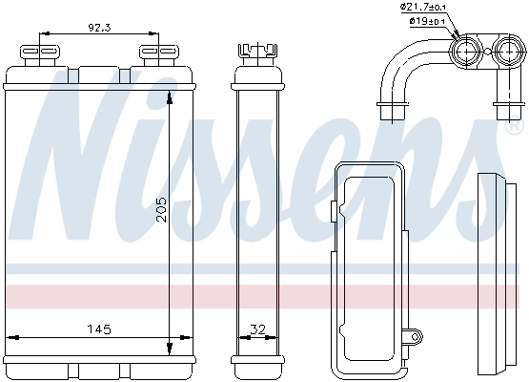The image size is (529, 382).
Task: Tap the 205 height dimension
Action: click(x=161, y=217)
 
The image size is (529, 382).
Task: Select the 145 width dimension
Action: click(x=99, y=329)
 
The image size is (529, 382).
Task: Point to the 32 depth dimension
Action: click(x=256, y=329)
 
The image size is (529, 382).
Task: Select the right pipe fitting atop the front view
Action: click(x=151, y=53)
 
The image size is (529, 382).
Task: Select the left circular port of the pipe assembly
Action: click(x=467, y=52)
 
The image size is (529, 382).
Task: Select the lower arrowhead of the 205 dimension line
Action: click(x=171, y=347)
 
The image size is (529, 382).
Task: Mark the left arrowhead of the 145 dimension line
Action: click(x=12, y=337)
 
